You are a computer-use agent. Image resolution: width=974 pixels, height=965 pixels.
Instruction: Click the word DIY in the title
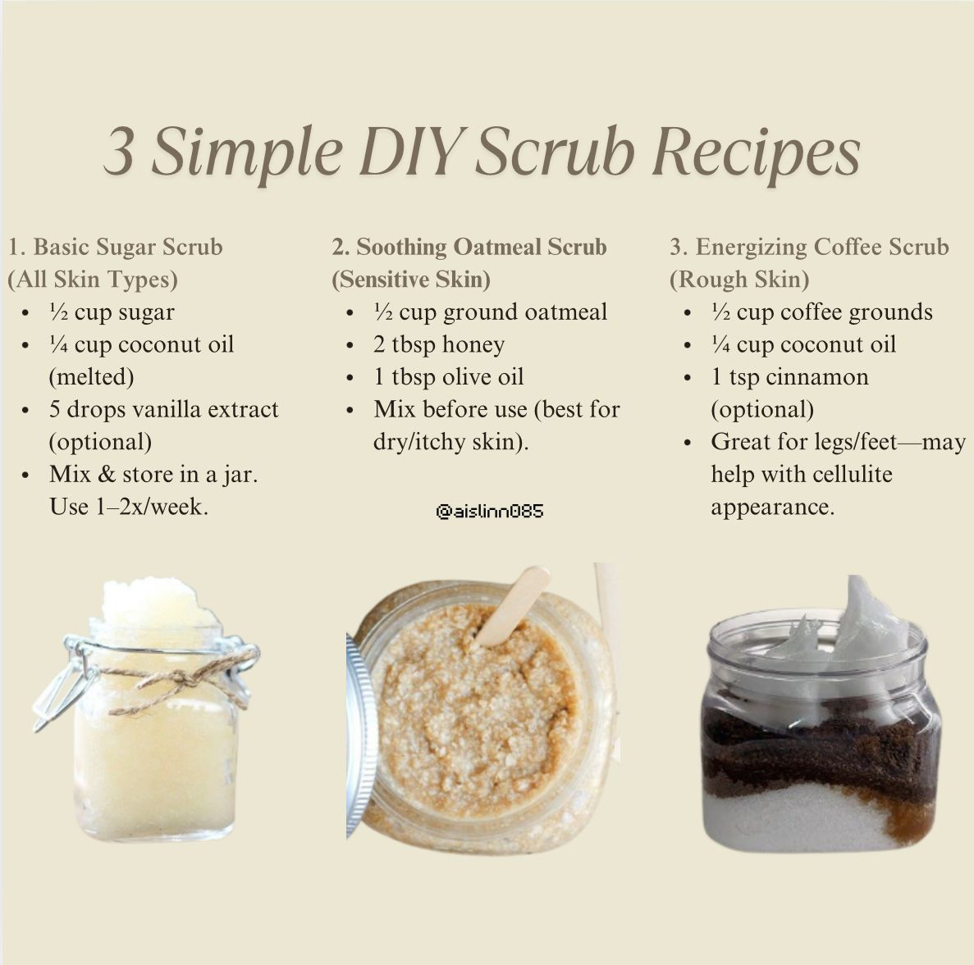(410, 152)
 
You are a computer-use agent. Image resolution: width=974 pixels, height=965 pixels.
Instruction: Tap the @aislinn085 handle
(490, 512)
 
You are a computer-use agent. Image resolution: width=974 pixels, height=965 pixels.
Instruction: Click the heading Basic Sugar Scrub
(127, 247)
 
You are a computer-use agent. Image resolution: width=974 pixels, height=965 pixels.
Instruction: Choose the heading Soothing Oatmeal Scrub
(481, 247)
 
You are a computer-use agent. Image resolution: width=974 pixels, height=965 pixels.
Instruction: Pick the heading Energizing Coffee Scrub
(822, 247)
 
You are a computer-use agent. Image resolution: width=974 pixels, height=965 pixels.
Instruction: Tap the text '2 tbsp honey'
(438, 344)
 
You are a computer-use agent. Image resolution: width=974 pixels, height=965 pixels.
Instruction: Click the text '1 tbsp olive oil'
(449, 376)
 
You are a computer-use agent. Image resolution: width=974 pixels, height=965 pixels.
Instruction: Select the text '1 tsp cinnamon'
(789, 376)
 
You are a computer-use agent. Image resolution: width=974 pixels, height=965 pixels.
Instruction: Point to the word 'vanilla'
(166, 410)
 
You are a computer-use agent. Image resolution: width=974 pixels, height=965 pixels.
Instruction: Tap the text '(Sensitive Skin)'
(410, 280)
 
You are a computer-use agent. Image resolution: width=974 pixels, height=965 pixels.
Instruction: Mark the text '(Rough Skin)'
(739, 280)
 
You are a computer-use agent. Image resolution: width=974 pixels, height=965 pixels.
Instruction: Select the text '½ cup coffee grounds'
(822, 312)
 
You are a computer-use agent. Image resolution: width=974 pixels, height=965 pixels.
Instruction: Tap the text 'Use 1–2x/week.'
(129, 507)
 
